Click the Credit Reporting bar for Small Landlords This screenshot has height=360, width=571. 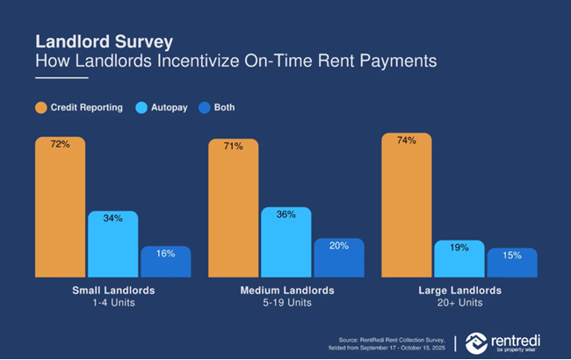click(x=61, y=207)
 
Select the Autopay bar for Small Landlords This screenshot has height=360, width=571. click(x=113, y=244)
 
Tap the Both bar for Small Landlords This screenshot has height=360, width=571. click(x=166, y=262)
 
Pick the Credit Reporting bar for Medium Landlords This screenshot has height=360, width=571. click(x=234, y=209)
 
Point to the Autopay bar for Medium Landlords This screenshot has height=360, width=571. click(x=286, y=242)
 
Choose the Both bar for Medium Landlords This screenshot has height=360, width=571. click(x=339, y=258)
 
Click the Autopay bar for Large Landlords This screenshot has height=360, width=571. click(x=459, y=259)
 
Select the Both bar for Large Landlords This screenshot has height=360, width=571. click(x=512, y=263)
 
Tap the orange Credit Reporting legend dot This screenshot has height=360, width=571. click(x=40, y=108)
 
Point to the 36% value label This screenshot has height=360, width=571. click(x=286, y=214)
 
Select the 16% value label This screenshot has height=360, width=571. click(x=166, y=254)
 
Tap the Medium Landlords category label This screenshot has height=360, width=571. click(x=286, y=290)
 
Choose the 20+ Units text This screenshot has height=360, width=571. click(x=459, y=303)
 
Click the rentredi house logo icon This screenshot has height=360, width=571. click(x=479, y=342)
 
